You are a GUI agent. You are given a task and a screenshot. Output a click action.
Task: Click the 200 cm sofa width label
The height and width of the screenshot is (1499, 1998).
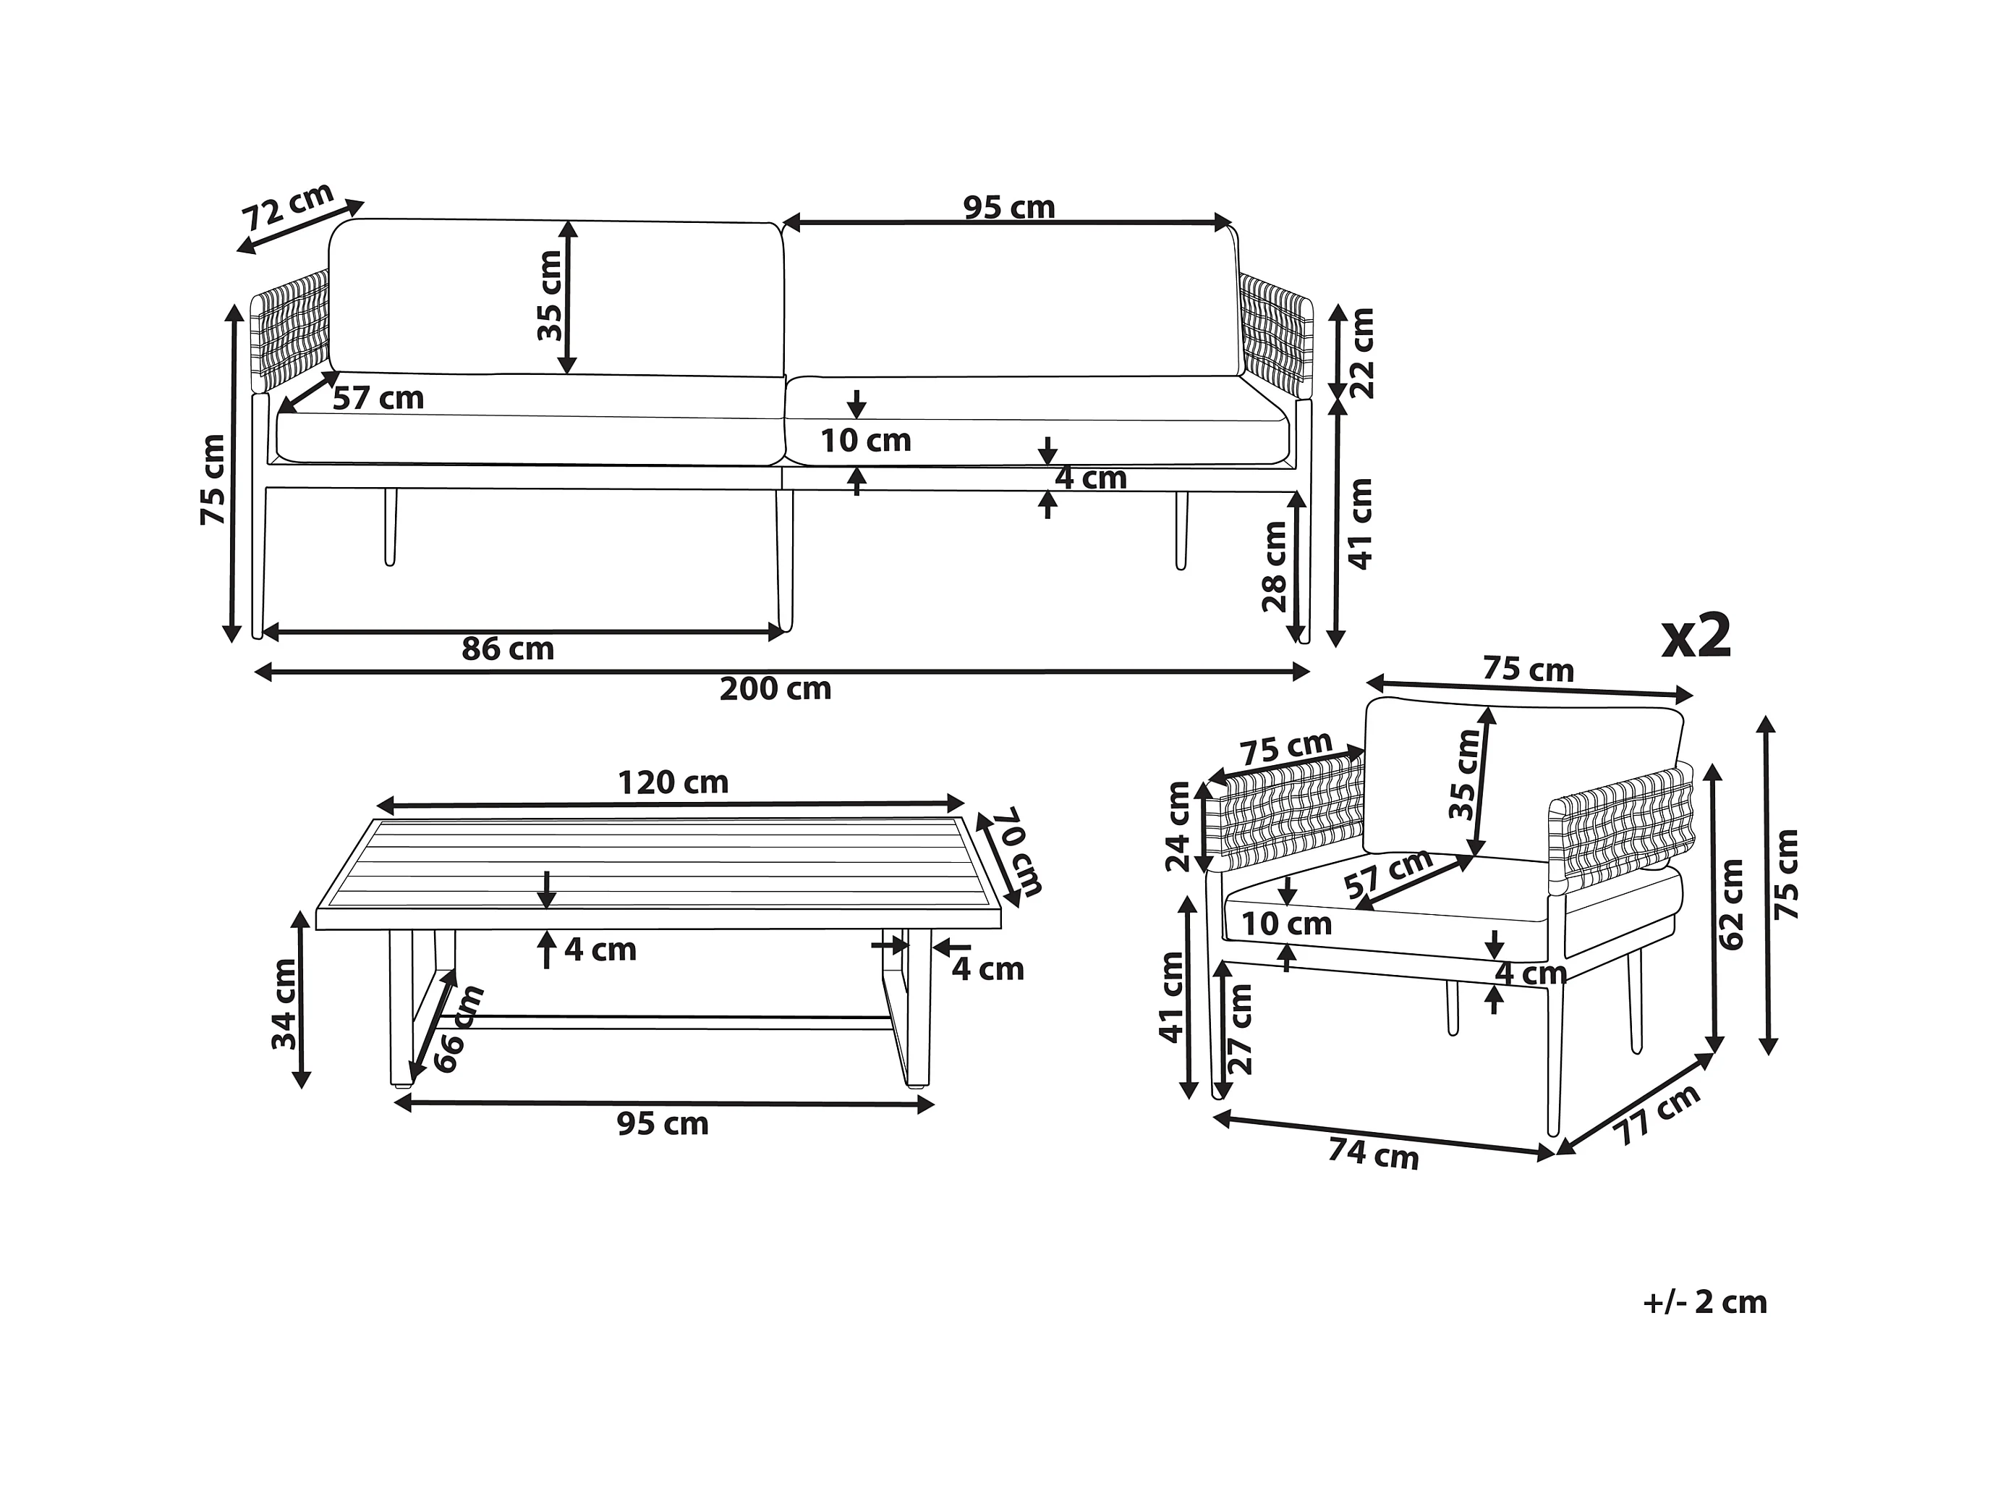[x=775, y=689]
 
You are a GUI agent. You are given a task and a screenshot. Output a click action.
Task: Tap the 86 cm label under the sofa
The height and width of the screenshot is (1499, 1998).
[x=508, y=649]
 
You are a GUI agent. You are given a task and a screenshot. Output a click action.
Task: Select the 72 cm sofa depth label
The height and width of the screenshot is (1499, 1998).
[x=288, y=207]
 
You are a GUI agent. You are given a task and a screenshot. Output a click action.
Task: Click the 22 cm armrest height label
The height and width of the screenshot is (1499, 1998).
[x=1361, y=353]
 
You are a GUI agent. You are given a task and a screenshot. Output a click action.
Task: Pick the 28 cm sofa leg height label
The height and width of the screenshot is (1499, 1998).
[x=1275, y=567]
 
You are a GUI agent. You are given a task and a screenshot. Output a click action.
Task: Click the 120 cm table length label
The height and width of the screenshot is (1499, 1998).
[x=672, y=782]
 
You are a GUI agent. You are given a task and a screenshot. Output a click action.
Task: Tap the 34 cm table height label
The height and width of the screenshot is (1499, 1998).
[x=284, y=1004]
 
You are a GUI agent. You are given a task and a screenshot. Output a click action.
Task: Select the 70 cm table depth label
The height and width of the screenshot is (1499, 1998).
[x=1017, y=851]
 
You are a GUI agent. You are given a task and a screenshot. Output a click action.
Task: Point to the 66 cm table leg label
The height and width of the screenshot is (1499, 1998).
[x=458, y=1029]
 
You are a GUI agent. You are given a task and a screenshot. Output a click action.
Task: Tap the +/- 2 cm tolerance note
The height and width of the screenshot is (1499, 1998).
[x=1704, y=1302]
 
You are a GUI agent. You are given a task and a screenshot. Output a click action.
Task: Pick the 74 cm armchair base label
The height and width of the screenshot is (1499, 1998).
[x=1373, y=1154]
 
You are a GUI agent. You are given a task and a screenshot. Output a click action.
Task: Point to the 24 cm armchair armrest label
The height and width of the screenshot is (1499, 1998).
[x=1178, y=827]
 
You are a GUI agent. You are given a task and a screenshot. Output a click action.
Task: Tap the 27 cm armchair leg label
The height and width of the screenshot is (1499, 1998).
[x=1242, y=1029]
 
